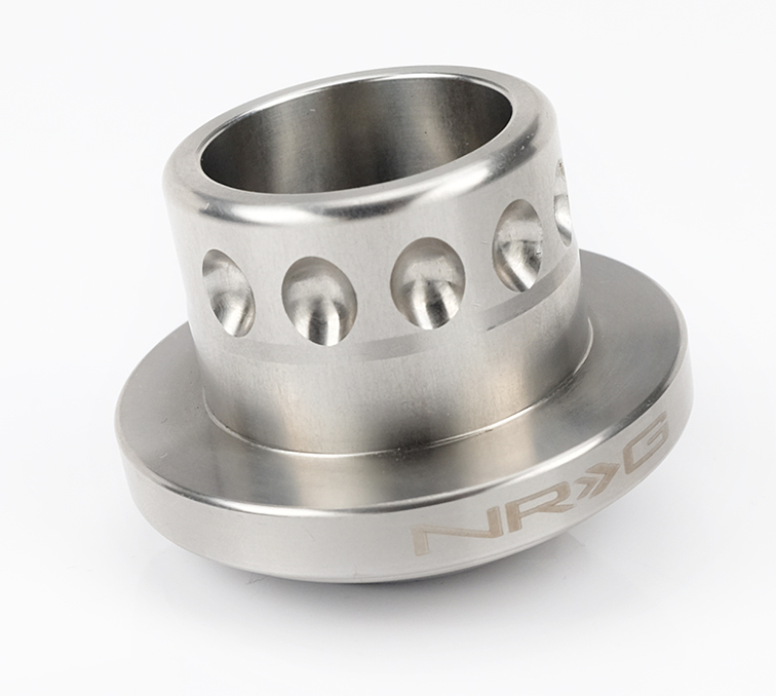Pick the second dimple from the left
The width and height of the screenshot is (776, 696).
pos(318,300)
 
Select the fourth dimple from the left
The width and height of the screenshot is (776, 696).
pos(517,244)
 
